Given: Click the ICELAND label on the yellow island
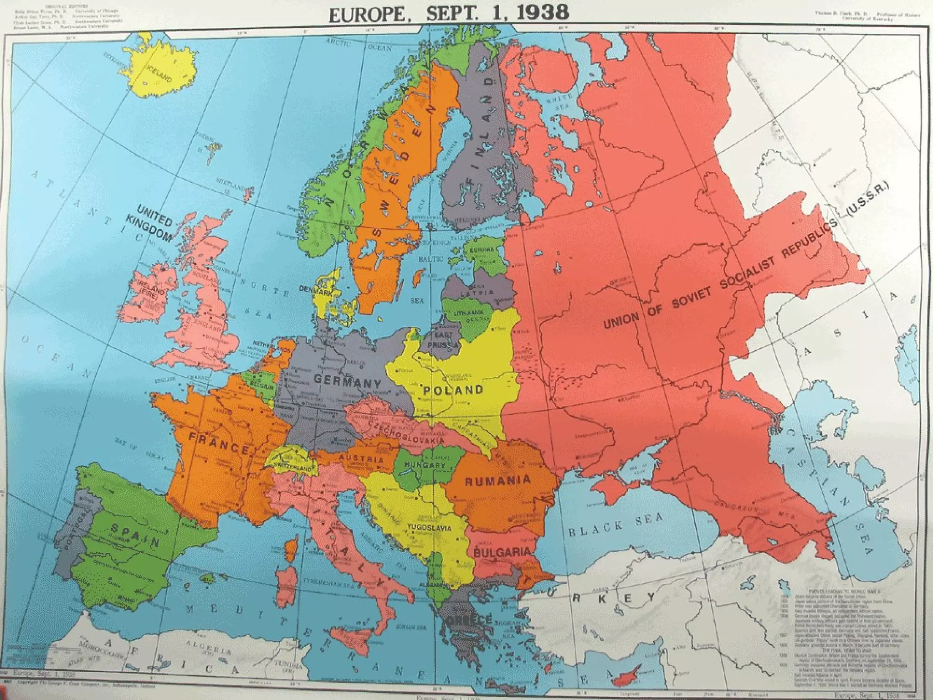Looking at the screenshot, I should [159, 73].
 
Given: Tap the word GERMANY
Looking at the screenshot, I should [347, 381].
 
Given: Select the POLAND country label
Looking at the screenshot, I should [453, 390].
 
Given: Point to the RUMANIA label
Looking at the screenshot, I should [497, 480].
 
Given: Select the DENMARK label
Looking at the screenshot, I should [315, 288].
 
